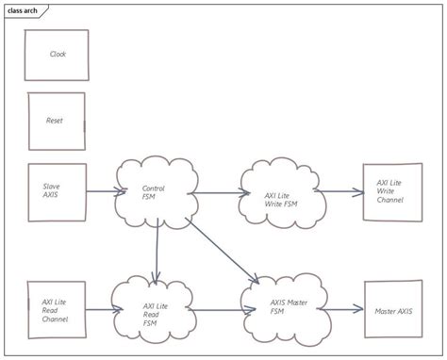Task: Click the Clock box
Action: [x=57, y=55]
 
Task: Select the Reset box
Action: [x=57, y=122]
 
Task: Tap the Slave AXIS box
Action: [x=57, y=192]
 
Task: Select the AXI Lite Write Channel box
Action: [x=392, y=192]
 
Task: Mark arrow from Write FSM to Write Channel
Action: [x=339, y=192]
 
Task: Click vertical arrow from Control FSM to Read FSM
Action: [x=156, y=250]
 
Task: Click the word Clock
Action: [x=58, y=55]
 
